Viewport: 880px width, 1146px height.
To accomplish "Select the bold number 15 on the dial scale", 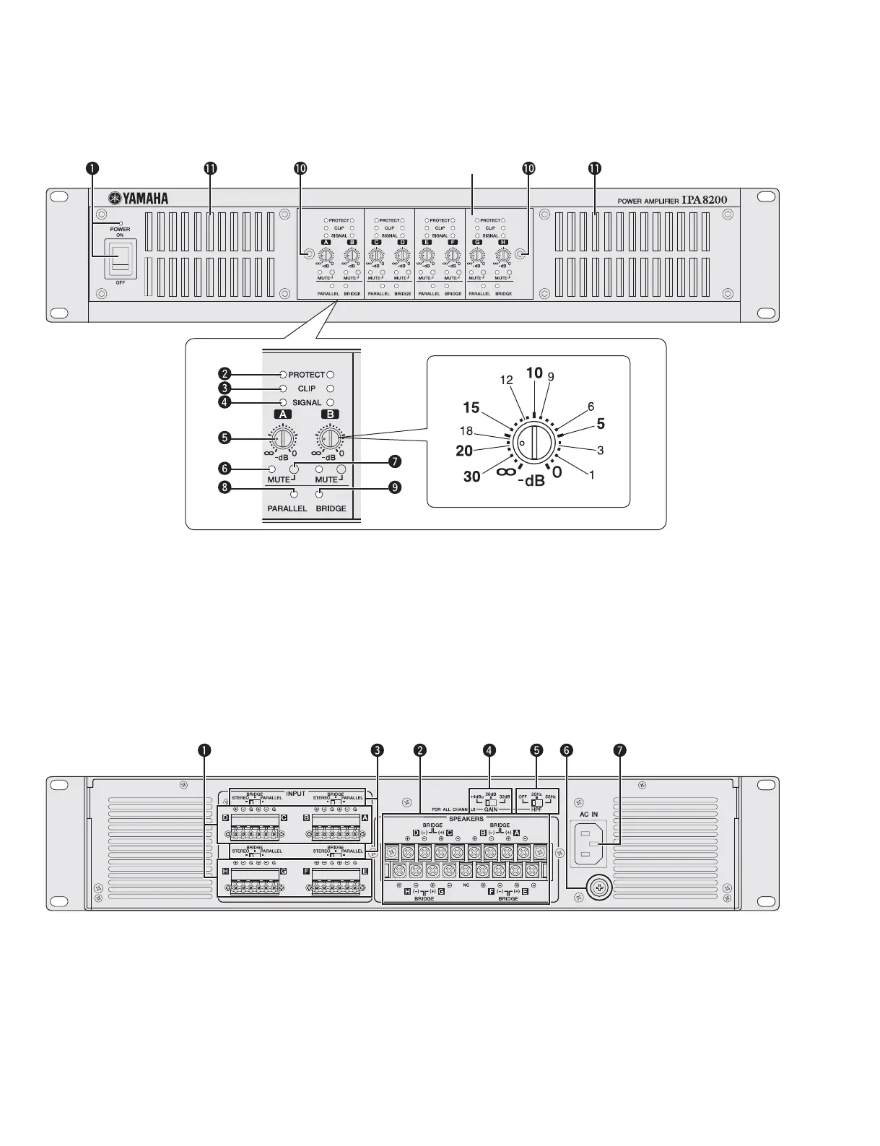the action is [471, 408].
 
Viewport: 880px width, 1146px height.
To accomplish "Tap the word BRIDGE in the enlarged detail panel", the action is [331, 508].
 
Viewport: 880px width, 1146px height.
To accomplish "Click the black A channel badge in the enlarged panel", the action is [283, 414].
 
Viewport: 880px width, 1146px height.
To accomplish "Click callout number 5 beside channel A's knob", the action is [226, 438].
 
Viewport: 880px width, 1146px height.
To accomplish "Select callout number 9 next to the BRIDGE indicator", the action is [394, 487].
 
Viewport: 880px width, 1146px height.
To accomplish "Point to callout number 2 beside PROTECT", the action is [226, 374].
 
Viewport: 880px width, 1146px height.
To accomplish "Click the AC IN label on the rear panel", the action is [589, 814].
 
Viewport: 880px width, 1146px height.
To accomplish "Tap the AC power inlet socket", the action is [590, 846].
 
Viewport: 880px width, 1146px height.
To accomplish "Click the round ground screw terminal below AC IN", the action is [599, 888].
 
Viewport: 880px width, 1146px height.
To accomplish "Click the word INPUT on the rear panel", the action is [296, 793].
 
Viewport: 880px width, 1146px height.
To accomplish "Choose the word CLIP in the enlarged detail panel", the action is [306, 388].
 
